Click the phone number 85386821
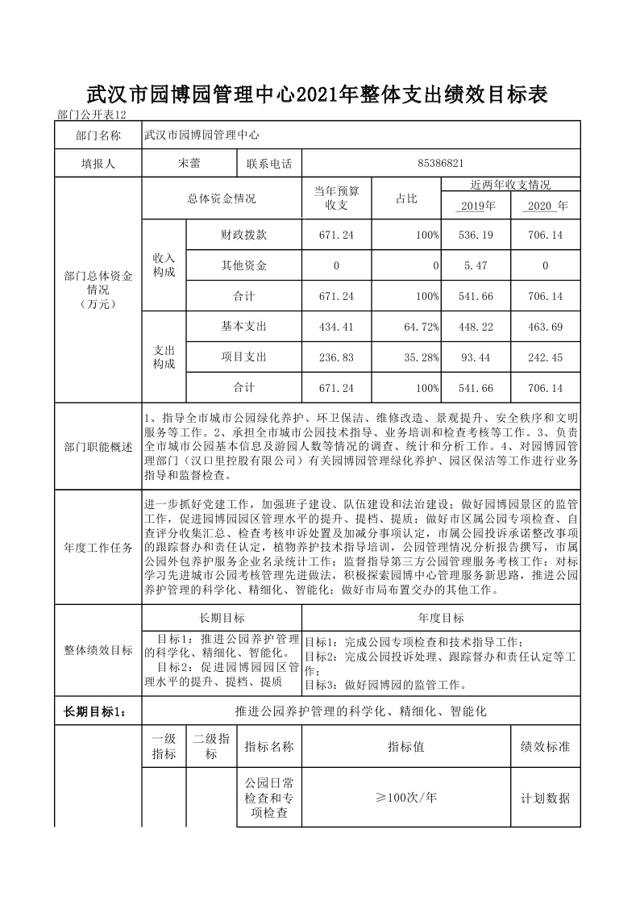click(441, 163)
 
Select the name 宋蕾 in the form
click(189, 163)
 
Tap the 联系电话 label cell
click(269, 163)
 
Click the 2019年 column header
click(476, 206)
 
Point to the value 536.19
click(476, 235)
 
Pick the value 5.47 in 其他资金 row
click(476, 265)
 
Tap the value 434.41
click(336, 327)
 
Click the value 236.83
click(336, 357)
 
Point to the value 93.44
click(476, 357)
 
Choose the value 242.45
click(545, 357)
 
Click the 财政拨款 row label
click(244, 235)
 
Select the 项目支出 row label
click(244, 357)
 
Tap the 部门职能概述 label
click(98, 447)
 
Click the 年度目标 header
click(441, 618)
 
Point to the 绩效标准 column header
click(546, 747)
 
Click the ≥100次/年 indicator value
click(406, 798)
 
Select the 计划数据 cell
click(546, 799)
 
